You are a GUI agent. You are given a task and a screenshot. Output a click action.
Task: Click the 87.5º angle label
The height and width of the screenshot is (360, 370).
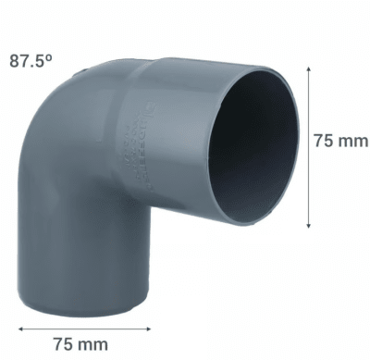coord(31,62)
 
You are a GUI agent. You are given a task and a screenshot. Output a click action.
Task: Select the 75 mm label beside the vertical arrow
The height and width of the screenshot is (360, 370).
coord(339,142)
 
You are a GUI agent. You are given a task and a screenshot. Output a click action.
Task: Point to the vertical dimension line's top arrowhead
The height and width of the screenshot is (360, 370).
coord(306,72)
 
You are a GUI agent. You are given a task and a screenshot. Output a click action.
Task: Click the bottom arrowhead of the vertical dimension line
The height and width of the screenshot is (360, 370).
coord(306,225)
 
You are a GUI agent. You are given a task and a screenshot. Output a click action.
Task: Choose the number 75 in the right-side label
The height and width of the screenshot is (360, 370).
coord(324,142)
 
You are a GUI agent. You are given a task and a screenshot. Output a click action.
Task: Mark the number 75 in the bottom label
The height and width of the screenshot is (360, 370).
coord(63,344)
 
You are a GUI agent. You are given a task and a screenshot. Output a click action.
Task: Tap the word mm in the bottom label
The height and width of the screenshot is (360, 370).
coord(92,344)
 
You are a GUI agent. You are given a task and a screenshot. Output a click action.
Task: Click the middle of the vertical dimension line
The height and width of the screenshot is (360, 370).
coord(306,148)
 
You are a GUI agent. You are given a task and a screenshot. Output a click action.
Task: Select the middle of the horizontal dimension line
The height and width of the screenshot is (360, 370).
coord(83,326)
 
